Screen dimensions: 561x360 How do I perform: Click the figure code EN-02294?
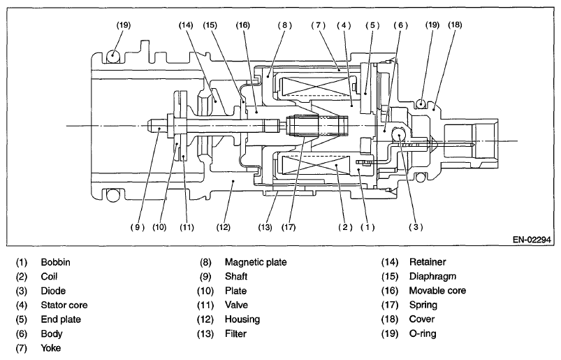(532, 239)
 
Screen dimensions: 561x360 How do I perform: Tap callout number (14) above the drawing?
(186, 25)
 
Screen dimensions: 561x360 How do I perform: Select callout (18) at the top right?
(455, 24)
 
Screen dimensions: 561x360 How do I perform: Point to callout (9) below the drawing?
(138, 227)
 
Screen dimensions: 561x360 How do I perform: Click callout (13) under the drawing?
(265, 227)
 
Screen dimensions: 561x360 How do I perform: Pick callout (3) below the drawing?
(416, 227)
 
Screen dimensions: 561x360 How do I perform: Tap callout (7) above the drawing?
(318, 25)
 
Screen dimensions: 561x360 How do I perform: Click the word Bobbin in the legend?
(55, 262)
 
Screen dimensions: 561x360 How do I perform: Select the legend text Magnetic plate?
(256, 262)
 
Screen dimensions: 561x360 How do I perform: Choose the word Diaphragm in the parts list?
(432, 277)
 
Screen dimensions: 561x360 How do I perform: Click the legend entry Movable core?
(437, 291)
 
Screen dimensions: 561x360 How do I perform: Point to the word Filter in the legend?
(235, 334)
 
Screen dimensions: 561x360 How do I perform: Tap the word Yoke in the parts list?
(51, 348)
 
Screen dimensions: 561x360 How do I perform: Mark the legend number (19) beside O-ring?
(390, 333)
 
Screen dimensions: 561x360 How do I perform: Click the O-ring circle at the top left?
(112, 55)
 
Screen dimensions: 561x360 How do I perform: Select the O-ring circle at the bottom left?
(112, 195)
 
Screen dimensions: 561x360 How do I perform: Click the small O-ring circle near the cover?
(421, 104)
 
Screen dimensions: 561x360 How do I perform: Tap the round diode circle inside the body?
(398, 134)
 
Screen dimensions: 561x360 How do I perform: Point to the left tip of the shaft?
(148, 126)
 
